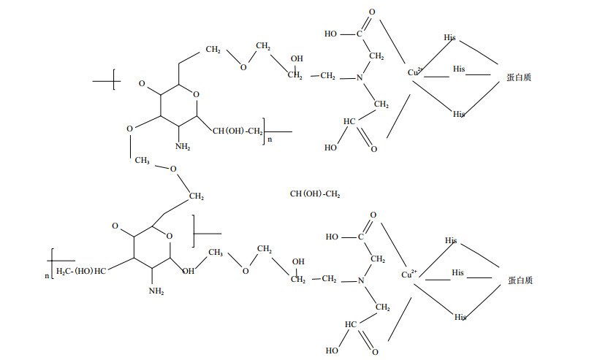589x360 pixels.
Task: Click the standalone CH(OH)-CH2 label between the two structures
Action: point(315,194)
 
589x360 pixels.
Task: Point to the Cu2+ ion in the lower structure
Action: point(409,275)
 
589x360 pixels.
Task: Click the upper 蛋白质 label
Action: point(519,77)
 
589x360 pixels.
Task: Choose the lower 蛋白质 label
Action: point(519,280)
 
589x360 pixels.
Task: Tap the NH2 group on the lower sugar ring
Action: point(156,291)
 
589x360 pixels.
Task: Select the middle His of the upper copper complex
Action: point(458,69)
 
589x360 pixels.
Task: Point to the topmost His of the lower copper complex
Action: point(451,240)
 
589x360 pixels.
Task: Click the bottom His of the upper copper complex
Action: point(458,114)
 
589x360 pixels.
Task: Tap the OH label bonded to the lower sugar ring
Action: point(189,271)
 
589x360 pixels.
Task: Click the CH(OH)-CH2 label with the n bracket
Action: point(238,131)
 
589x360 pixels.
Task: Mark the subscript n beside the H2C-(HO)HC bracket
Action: point(46,275)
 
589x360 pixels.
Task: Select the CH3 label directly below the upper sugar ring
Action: point(142,159)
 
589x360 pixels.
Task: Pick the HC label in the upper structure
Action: point(349,121)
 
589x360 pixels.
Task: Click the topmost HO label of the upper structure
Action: point(331,34)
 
